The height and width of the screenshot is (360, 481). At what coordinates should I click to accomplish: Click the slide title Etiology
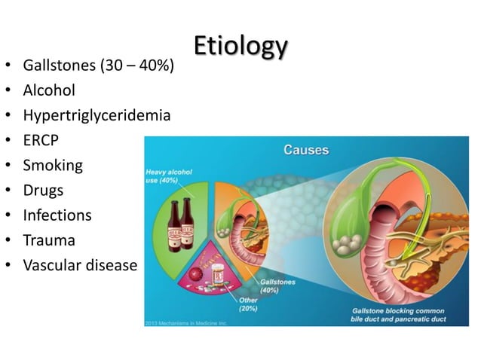(240, 46)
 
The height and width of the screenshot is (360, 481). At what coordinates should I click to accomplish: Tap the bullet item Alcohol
(49, 90)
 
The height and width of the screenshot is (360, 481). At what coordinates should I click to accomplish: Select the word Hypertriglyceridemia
(97, 115)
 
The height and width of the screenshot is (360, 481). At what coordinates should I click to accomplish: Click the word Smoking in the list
(53, 165)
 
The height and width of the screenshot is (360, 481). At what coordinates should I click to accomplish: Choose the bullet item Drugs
(43, 190)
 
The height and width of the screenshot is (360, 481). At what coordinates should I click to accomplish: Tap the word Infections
(57, 215)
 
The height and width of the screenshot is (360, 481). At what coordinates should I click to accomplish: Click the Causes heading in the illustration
(305, 149)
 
